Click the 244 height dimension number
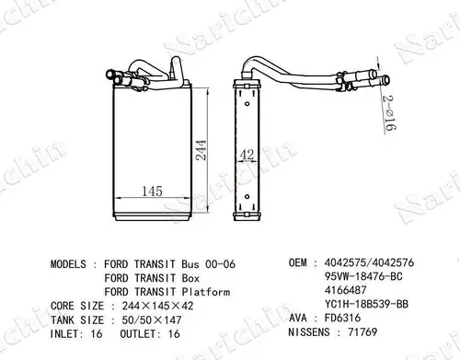pos(201,150)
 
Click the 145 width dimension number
pos(152,192)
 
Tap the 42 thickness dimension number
pos(247,155)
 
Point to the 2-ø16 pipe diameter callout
pos(389,112)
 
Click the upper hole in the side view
pos(247,104)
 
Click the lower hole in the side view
pos(247,196)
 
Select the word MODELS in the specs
pos(68,264)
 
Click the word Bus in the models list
pos(190,264)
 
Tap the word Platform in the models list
pos(206,292)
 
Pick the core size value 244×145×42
pos(157,306)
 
